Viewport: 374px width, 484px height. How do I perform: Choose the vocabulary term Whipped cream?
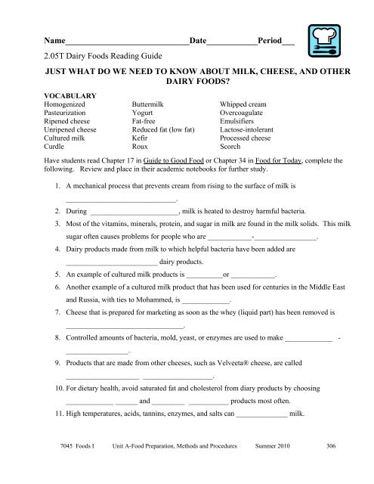pos(244,104)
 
